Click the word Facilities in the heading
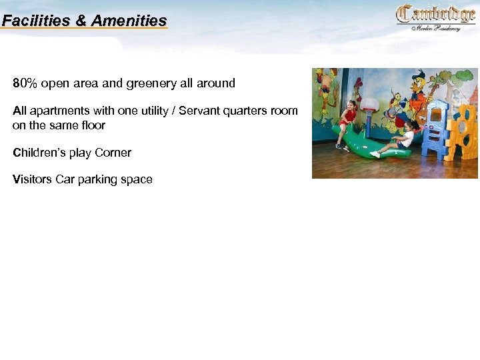(x=36, y=21)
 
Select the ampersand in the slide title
(x=81, y=21)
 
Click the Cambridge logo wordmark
(x=435, y=14)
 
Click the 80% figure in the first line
(x=25, y=83)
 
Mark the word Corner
(x=113, y=153)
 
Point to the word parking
(x=99, y=179)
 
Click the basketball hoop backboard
(x=369, y=105)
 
